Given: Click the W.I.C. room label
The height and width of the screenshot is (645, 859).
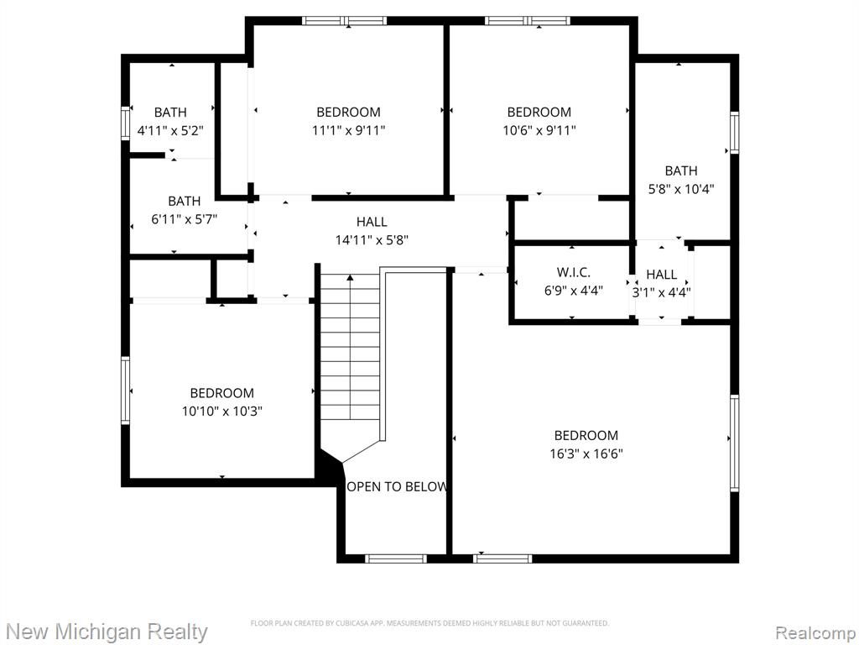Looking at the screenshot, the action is click(x=574, y=272).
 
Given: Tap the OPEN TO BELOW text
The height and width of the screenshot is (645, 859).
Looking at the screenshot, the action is click(x=397, y=486).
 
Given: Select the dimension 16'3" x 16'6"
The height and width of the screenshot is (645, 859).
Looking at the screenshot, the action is click(x=586, y=454).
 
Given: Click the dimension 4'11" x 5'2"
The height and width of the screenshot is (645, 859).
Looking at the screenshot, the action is click(x=170, y=130).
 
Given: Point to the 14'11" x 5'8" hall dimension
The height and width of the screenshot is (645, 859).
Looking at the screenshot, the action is click(x=372, y=240).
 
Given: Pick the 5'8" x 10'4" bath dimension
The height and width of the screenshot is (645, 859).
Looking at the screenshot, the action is click(x=681, y=189).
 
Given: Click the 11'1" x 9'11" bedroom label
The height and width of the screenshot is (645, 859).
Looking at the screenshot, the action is click(x=348, y=130).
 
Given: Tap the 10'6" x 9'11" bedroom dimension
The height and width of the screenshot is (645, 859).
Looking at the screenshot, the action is click(x=539, y=130).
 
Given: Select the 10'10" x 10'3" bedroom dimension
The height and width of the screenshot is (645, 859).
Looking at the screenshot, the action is click(x=221, y=412).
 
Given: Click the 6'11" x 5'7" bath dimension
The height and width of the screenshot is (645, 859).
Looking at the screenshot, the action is click(x=184, y=219).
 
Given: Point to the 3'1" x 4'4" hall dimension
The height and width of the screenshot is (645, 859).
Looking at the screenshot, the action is click(x=661, y=292).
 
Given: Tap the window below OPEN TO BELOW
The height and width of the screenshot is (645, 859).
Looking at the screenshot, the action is click(x=396, y=558).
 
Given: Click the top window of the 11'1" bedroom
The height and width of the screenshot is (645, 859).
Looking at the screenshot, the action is click(x=345, y=21).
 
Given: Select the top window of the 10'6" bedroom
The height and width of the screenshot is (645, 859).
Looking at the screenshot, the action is click(x=528, y=21).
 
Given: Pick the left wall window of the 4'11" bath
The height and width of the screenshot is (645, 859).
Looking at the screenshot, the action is click(x=126, y=123).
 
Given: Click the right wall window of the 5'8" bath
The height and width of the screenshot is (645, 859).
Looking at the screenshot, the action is click(x=734, y=132).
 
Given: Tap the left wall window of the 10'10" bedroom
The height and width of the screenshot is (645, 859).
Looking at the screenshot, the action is click(x=126, y=390).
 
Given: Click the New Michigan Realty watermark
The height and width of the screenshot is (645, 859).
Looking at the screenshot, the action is click(x=107, y=632).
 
